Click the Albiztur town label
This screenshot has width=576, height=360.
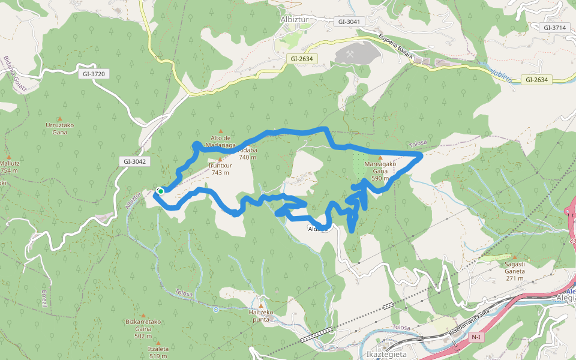(294, 19)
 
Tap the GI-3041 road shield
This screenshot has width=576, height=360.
(349, 22)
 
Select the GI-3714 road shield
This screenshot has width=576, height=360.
(555, 28)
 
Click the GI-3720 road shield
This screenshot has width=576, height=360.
(93, 74)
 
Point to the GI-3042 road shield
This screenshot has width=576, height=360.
(134, 161)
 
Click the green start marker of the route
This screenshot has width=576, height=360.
(161, 191)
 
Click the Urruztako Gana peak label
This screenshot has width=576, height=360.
(59, 128)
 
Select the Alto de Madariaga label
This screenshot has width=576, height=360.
(221, 141)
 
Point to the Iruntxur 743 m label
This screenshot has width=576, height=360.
(220, 169)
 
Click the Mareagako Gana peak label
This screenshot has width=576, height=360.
(380, 167)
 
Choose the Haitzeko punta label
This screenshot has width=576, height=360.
(261, 316)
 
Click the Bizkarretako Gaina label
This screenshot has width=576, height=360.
(143, 325)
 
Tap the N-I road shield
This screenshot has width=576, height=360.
(476, 337)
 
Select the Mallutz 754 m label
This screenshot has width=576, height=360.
(9, 166)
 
